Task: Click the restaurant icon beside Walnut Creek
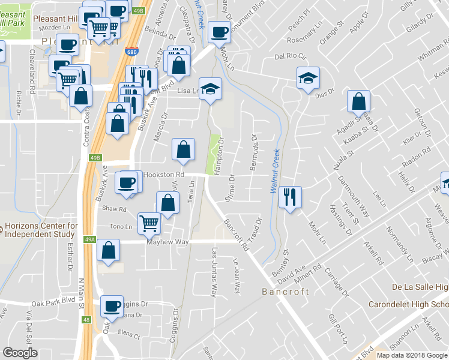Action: pyautogui.click(x=290, y=197)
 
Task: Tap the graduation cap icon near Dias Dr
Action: pyautogui.click(x=308, y=77)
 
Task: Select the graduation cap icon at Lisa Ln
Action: pyautogui.click(x=210, y=89)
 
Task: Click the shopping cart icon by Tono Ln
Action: pyautogui.click(x=149, y=223)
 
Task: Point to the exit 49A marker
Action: pyautogui.click(x=90, y=239)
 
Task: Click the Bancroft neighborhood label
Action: pyautogui.click(x=286, y=292)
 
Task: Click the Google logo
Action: pyautogui.click(x=20, y=353)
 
